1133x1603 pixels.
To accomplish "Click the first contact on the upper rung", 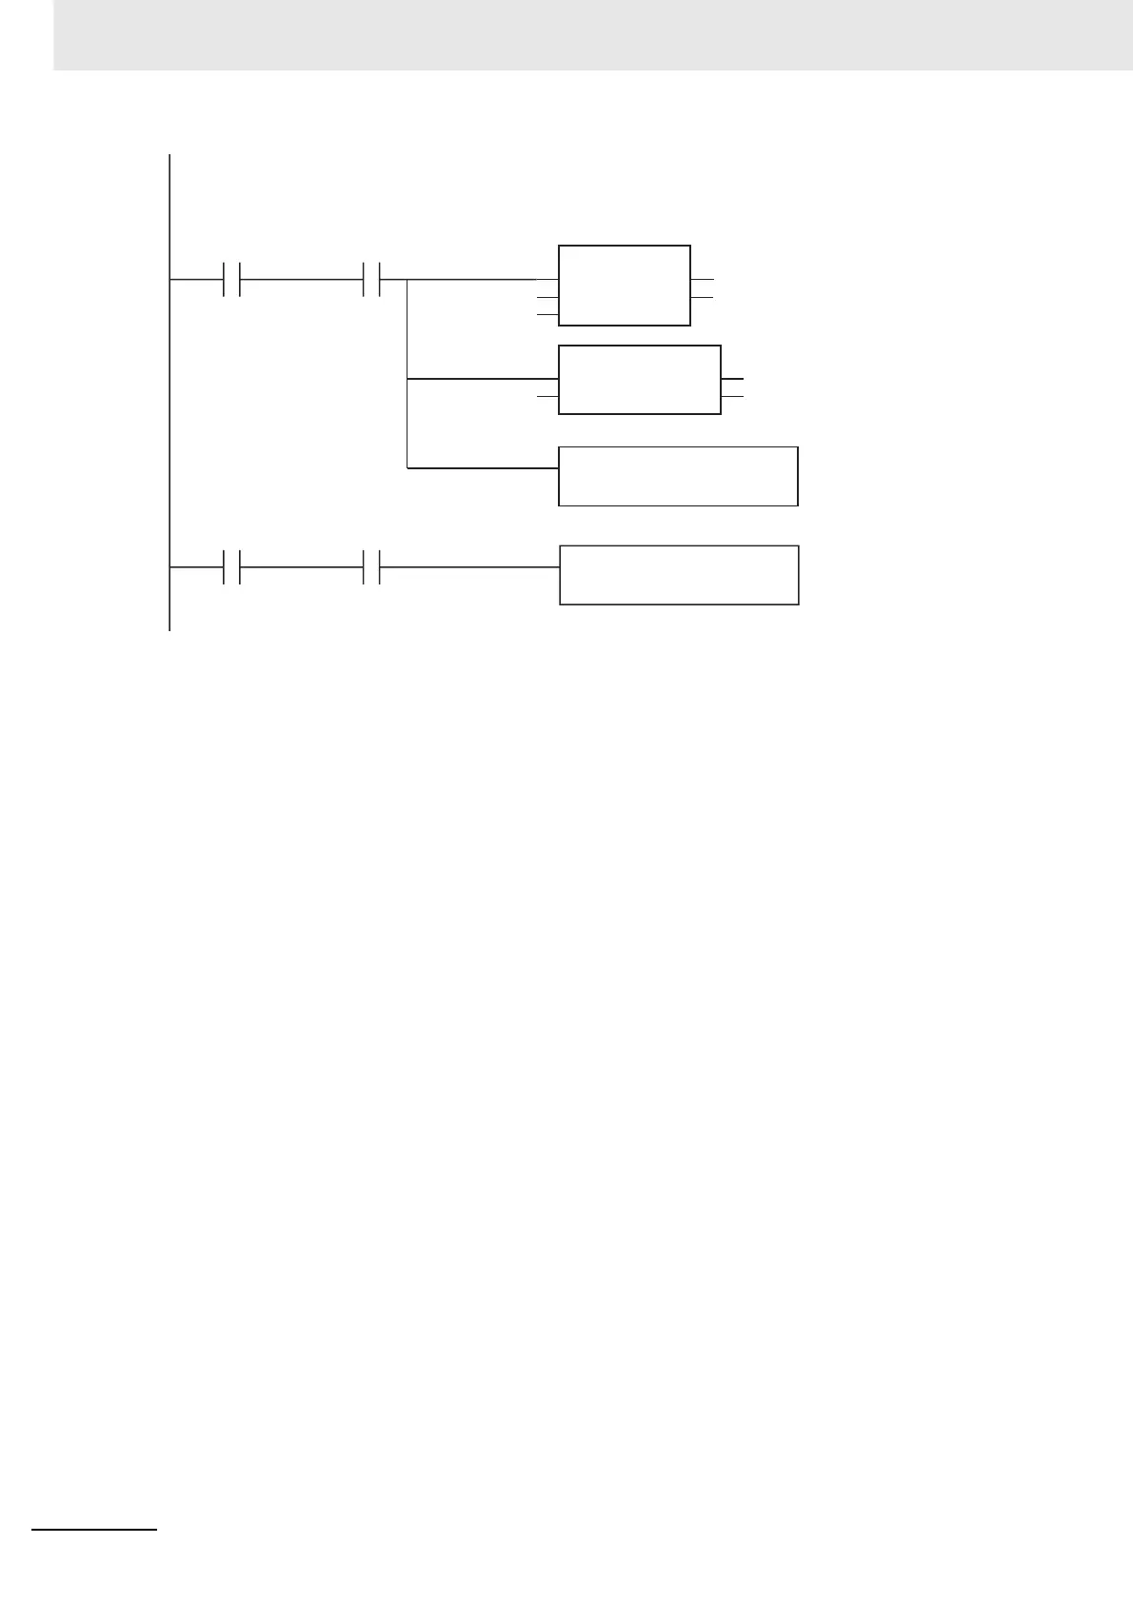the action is tap(231, 280).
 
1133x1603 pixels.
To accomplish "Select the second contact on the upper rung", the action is tap(372, 280).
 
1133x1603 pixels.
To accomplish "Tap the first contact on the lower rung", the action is tap(231, 567).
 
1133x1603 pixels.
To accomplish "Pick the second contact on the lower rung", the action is tap(372, 567).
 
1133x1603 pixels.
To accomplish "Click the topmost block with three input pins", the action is tap(624, 285).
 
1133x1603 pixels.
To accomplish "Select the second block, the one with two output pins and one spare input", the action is tap(639, 380).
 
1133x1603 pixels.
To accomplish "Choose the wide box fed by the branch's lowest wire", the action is tap(677, 475).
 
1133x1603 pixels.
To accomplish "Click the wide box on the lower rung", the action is tap(678, 575).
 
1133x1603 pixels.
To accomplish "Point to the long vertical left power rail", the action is tap(169, 400).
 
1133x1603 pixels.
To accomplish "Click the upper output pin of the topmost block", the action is tap(701, 280).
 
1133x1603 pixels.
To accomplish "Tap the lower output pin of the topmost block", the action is tap(701, 297).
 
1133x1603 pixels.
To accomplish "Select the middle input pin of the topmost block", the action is tap(547, 297).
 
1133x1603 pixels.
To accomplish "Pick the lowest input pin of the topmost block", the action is tap(547, 312).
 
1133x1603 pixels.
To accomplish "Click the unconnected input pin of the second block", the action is tap(547, 395).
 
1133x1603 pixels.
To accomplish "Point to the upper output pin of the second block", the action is tap(732, 379).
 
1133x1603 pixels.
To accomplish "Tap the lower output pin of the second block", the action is tap(732, 395).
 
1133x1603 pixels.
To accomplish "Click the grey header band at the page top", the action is tap(590, 34).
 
